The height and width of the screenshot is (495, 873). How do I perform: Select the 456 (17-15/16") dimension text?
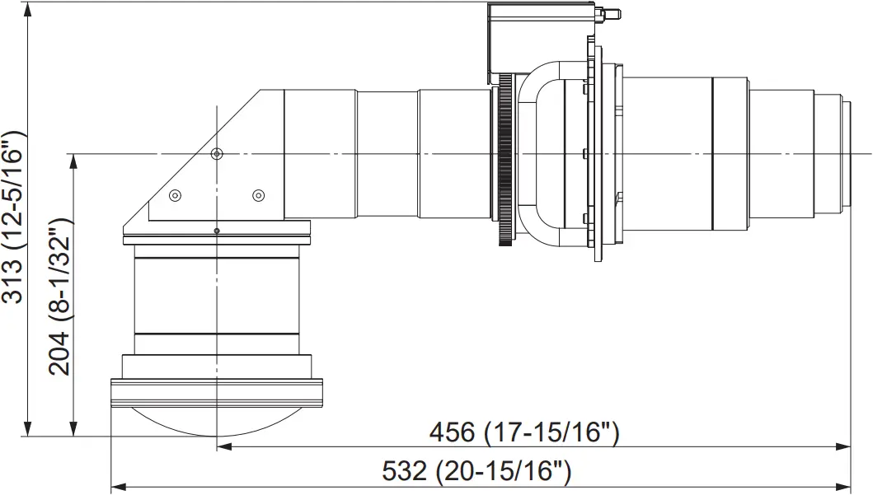click(523, 432)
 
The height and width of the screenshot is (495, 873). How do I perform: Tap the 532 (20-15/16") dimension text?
click(476, 472)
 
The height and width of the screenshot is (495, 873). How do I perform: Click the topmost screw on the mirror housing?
click(217, 154)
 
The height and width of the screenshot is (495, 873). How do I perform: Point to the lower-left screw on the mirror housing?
click(175, 195)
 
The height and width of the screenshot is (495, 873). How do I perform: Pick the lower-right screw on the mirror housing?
click(258, 195)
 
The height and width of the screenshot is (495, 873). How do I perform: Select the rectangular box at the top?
click(540, 37)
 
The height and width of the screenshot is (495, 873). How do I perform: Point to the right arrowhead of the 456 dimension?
click(844, 446)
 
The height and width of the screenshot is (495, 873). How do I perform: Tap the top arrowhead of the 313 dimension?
click(29, 8)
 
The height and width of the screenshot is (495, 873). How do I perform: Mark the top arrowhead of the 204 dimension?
click(74, 161)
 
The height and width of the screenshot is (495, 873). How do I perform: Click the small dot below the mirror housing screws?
click(216, 231)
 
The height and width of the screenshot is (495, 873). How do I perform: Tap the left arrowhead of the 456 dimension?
click(223, 446)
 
